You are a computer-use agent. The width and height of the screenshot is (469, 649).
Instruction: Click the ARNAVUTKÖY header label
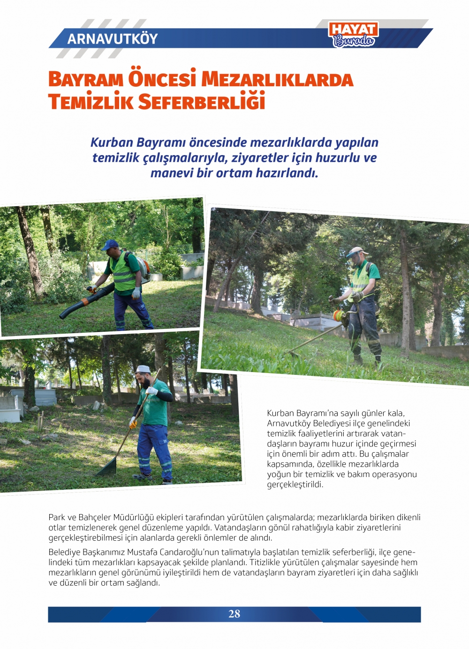[113, 38]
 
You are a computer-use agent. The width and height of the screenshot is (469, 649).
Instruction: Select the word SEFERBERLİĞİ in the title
[202, 102]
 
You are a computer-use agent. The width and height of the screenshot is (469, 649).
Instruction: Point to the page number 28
[234, 614]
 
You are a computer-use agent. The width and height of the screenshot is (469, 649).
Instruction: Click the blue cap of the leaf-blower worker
[110, 244]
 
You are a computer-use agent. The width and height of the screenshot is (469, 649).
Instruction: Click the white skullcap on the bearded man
[143, 369]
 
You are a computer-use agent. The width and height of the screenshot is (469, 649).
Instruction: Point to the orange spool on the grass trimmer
[338, 315]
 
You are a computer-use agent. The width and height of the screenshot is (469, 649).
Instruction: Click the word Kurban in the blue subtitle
[112, 142]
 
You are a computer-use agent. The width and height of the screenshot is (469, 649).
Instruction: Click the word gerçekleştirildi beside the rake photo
[295, 485]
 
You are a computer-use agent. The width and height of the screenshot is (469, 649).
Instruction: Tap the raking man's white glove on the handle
[151, 390]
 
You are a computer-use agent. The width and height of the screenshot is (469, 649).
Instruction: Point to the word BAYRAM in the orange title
[86, 79]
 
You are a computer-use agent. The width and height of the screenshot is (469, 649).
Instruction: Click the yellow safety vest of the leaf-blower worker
[123, 274]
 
